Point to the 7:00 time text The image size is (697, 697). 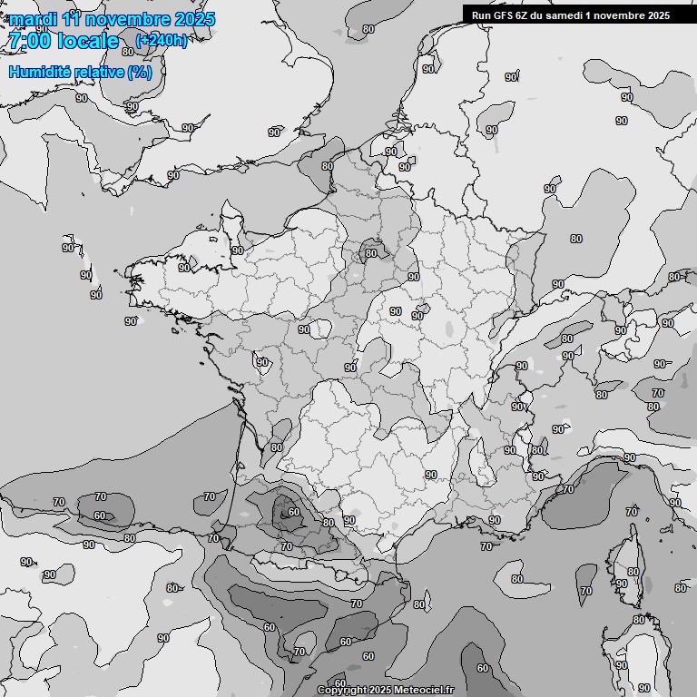(x=30, y=41)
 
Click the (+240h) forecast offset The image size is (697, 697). (x=161, y=40)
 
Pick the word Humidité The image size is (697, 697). (x=40, y=72)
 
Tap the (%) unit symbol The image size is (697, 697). (x=140, y=72)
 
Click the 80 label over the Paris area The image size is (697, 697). (x=370, y=254)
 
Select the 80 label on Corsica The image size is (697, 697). (x=633, y=572)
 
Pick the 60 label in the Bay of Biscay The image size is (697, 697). (x=100, y=515)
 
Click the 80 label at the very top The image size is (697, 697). (x=368, y=29)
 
